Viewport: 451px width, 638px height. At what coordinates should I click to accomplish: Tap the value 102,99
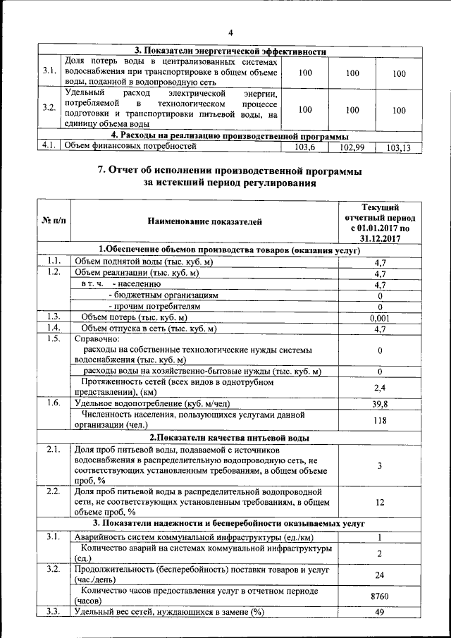coord(350,147)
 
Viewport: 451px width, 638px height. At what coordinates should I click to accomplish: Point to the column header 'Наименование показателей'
coord(204,222)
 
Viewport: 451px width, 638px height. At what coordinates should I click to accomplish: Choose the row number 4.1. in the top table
coord(49,147)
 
